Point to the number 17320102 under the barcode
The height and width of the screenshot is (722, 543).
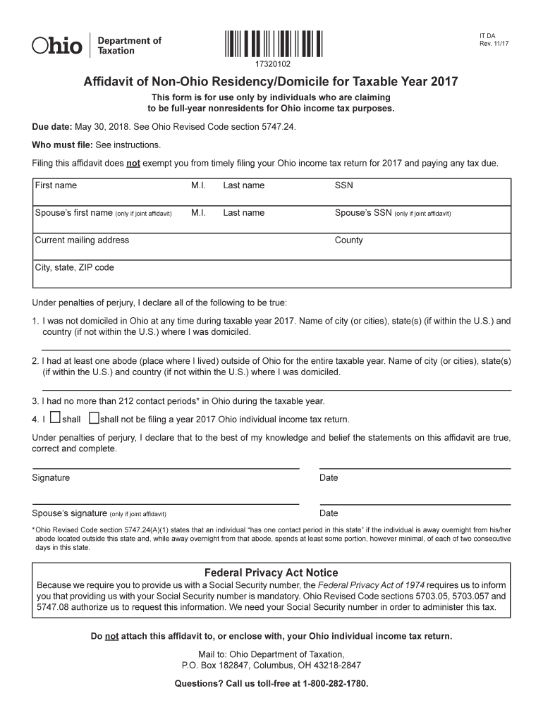click(x=274, y=64)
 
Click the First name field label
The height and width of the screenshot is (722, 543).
click(x=56, y=185)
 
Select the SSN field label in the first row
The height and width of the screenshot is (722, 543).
click(x=343, y=185)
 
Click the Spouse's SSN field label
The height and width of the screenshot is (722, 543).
click(x=362, y=213)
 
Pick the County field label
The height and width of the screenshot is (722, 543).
click(x=348, y=240)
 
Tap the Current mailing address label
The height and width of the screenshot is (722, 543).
click(x=82, y=240)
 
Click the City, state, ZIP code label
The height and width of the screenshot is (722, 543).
click(x=74, y=268)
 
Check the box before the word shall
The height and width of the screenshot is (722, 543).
click(x=55, y=418)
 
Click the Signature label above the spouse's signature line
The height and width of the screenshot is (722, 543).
click(x=51, y=478)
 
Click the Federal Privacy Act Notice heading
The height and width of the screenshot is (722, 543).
click(x=271, y=573)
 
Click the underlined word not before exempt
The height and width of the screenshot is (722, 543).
click(x=133, y=164)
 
